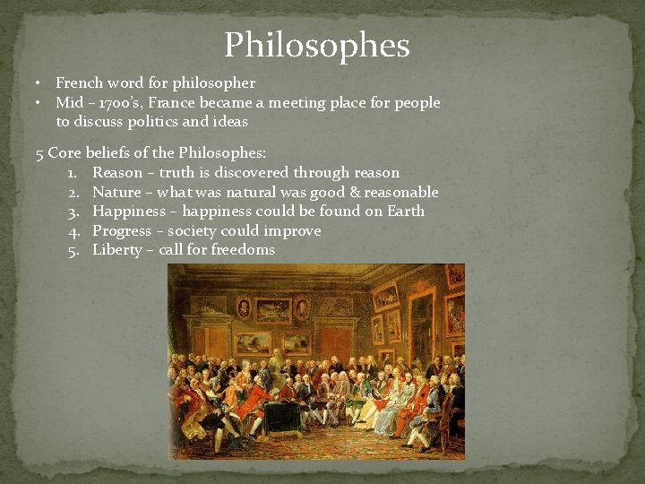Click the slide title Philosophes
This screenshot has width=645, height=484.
[316, 46]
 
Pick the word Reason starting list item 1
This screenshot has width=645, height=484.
[117, 173]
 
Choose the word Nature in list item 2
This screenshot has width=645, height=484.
[116, 192]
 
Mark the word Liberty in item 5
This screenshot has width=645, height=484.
[116, 250]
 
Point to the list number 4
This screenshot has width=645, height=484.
[73, 231]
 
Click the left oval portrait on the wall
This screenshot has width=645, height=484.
[243, 307]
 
